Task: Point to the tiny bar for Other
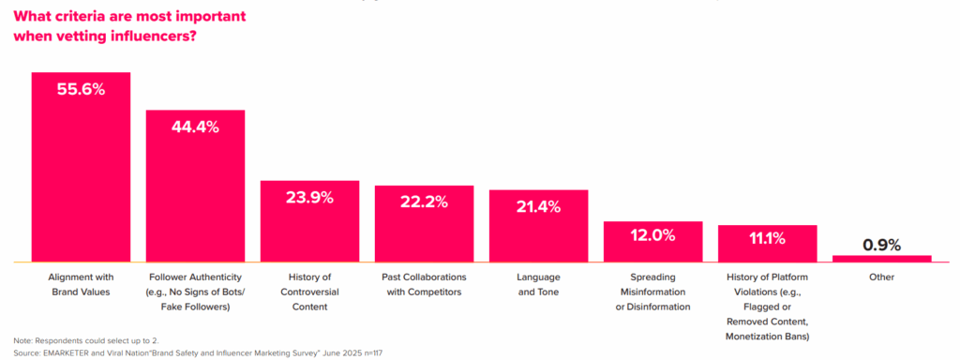click(x=881, y=258)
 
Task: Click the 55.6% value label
click(x=81, y=90)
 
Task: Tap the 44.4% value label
click(x=195, y=127)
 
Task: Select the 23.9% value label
click(x=309, y=197)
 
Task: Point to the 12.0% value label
click(x=652, y=235)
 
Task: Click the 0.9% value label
click(x=881, y=245)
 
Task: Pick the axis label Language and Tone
click(x=538, y=285)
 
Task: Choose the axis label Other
click(x=881, y=277)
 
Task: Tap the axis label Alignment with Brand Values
click(x=81, y=285)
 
